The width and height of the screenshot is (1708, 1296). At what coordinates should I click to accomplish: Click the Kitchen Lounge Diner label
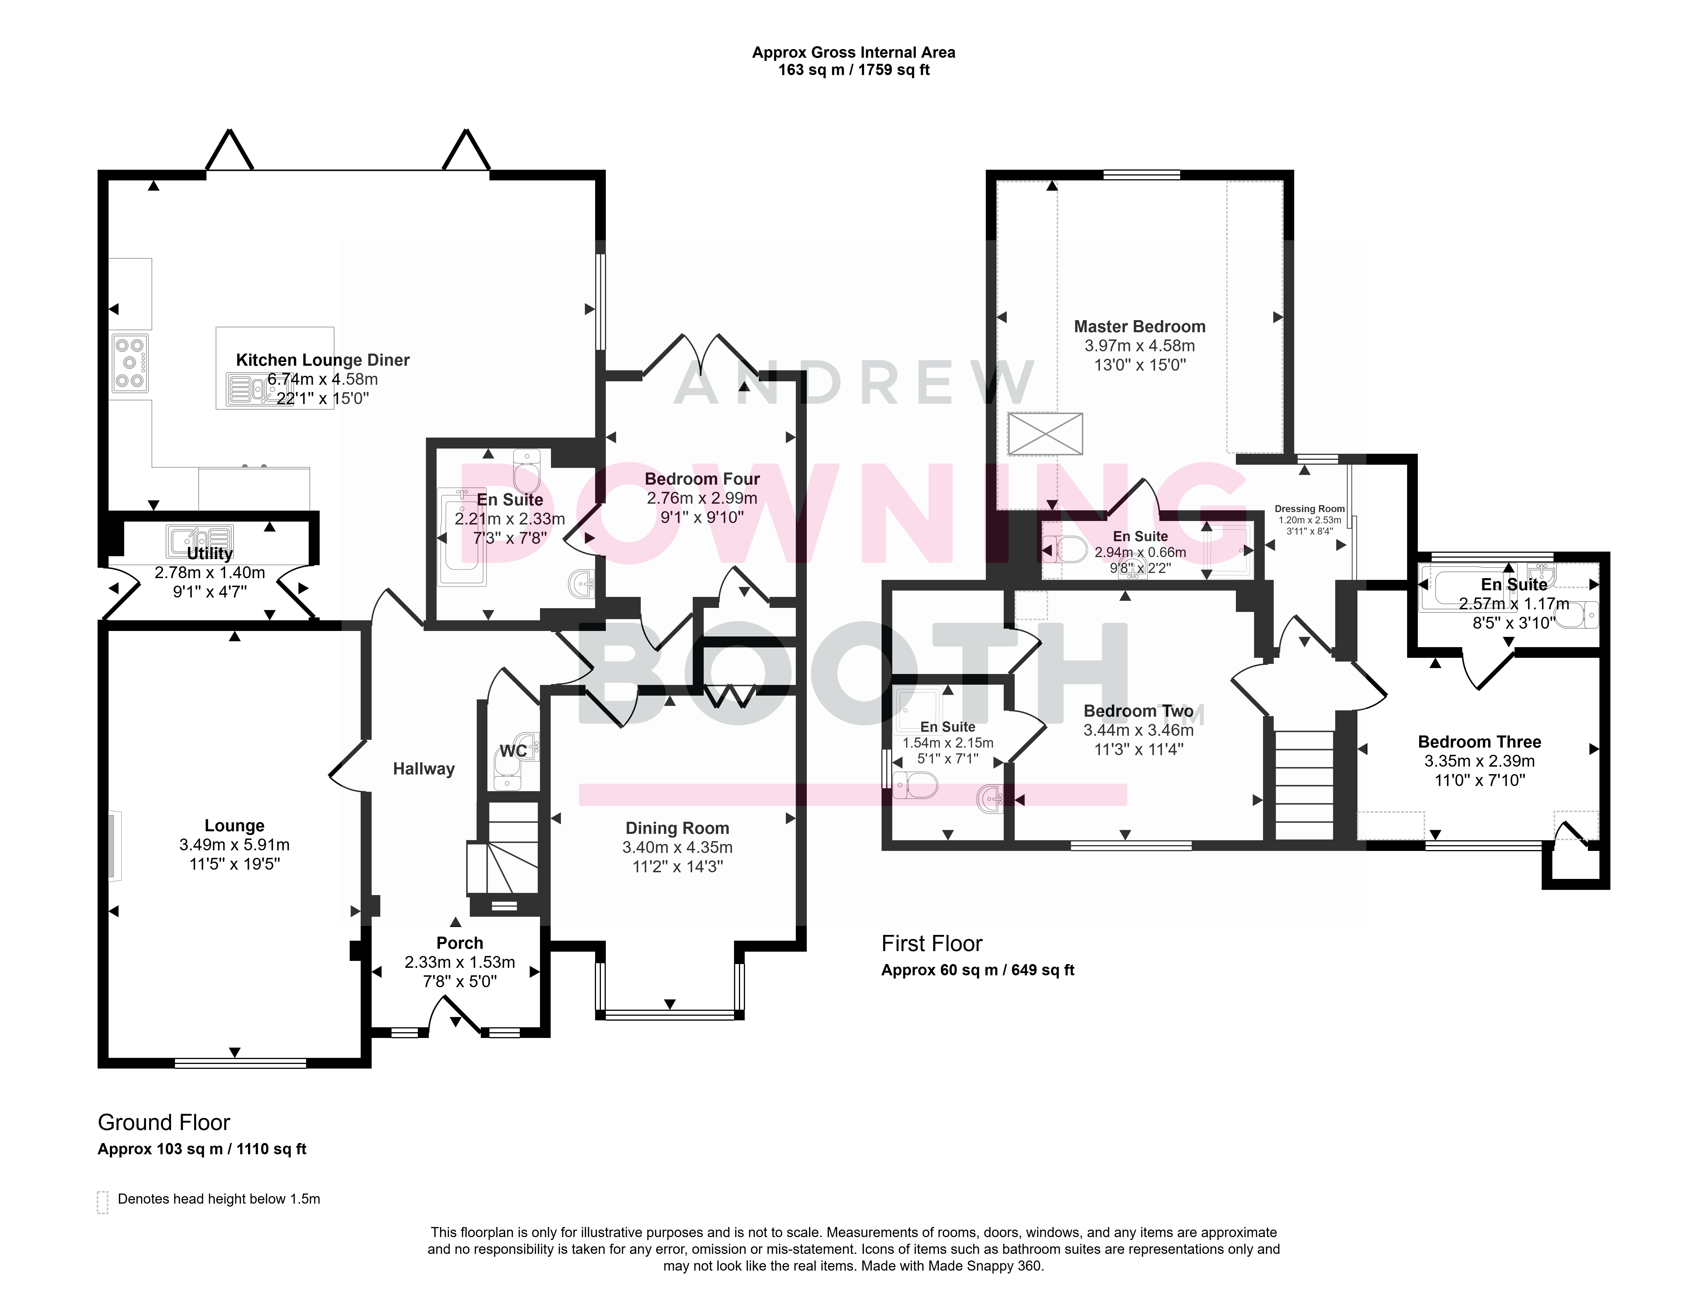[x=323, y=360]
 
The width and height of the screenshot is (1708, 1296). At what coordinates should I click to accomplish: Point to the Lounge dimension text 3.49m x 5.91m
[x=235, y=845]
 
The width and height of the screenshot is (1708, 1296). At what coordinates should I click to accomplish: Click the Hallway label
[x=424, y=769]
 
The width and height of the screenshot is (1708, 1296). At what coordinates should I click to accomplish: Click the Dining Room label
[x=677, y=828]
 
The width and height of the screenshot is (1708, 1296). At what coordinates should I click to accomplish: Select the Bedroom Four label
[x=703, y=479]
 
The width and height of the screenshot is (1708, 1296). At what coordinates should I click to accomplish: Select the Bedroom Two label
[x=1139, y=711]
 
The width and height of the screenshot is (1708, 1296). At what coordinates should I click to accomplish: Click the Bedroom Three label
[x=1479, y=742]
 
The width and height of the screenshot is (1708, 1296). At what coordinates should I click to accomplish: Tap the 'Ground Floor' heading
[x=164, y=1122]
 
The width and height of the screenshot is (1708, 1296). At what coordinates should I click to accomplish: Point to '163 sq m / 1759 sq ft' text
[x=854, y=70]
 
